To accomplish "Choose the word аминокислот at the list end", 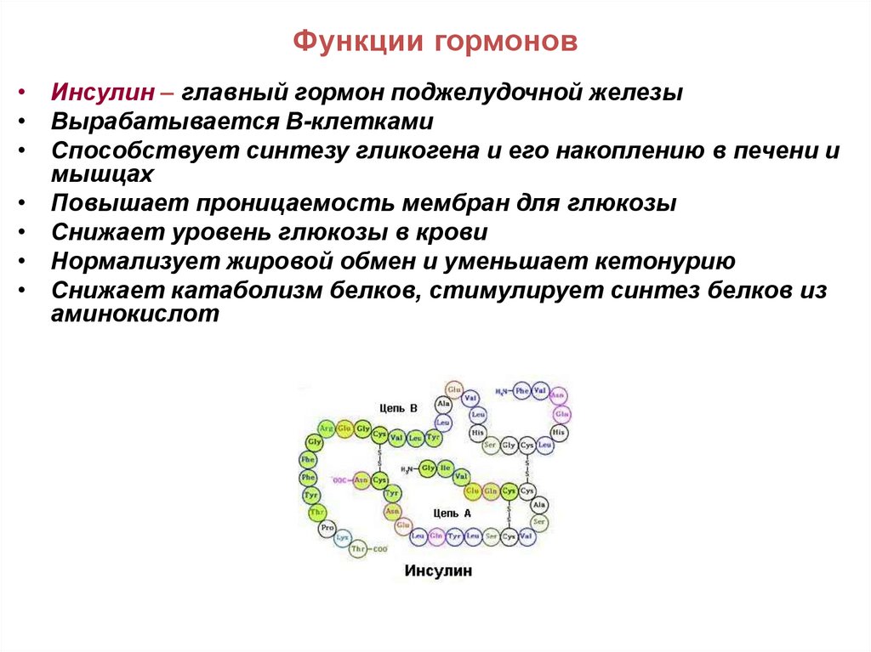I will [x=135, y=313].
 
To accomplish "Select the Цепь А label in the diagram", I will [x=452, y=513].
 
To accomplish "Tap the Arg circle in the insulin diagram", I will [x=326, y=429].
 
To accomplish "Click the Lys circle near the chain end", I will [x=344, y=539].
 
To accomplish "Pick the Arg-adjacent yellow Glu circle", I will [x=344, y=428].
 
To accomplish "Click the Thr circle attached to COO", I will [x=359, y=549].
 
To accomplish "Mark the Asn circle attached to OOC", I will [x=361, y=479].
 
